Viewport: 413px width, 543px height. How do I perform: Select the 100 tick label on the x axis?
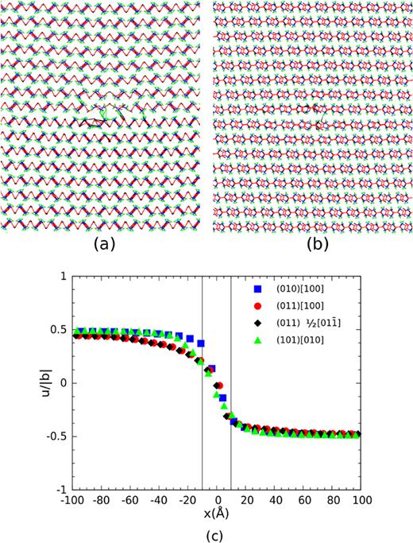click(x=362, y=501)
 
